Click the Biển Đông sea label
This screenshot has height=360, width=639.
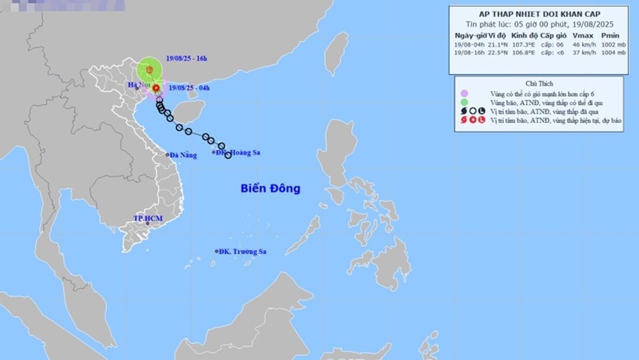point(270,189)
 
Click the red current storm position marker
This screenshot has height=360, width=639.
point(157,88)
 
